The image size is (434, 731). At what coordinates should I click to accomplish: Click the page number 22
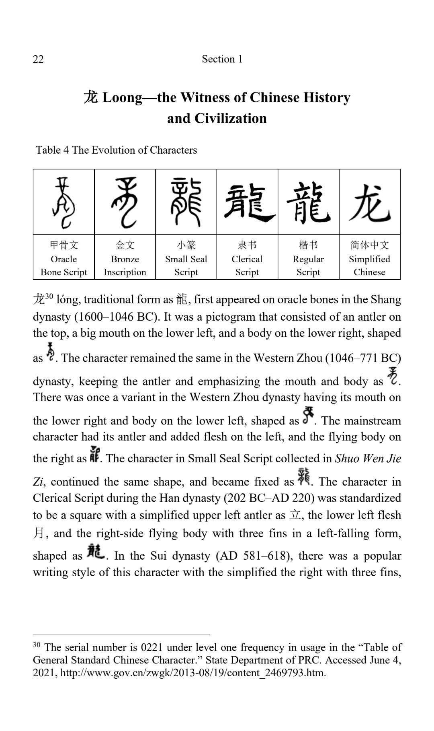38,59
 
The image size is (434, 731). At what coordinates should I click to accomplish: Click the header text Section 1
222,59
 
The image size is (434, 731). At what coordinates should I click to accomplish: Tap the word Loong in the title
123,98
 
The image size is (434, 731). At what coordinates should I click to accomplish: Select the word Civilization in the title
231,118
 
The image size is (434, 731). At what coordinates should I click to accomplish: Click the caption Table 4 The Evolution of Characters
116,150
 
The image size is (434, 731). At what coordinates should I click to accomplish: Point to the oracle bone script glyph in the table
63,202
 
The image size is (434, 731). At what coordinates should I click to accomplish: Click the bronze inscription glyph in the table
125,202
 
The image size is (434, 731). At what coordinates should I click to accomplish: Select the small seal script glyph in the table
186,202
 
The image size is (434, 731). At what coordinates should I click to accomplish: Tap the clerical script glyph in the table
247,202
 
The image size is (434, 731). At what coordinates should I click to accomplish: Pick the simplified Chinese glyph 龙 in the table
370,202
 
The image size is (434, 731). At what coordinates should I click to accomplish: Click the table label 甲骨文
64,245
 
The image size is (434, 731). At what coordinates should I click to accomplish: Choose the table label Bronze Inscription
125,266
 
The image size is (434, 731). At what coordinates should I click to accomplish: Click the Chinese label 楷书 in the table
308,245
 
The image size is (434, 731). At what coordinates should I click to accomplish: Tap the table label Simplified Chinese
369,266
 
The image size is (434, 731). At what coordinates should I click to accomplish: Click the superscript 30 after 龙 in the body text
49,297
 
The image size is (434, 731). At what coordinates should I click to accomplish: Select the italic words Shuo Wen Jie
368,459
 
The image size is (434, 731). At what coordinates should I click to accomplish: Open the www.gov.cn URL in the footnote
192,673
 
